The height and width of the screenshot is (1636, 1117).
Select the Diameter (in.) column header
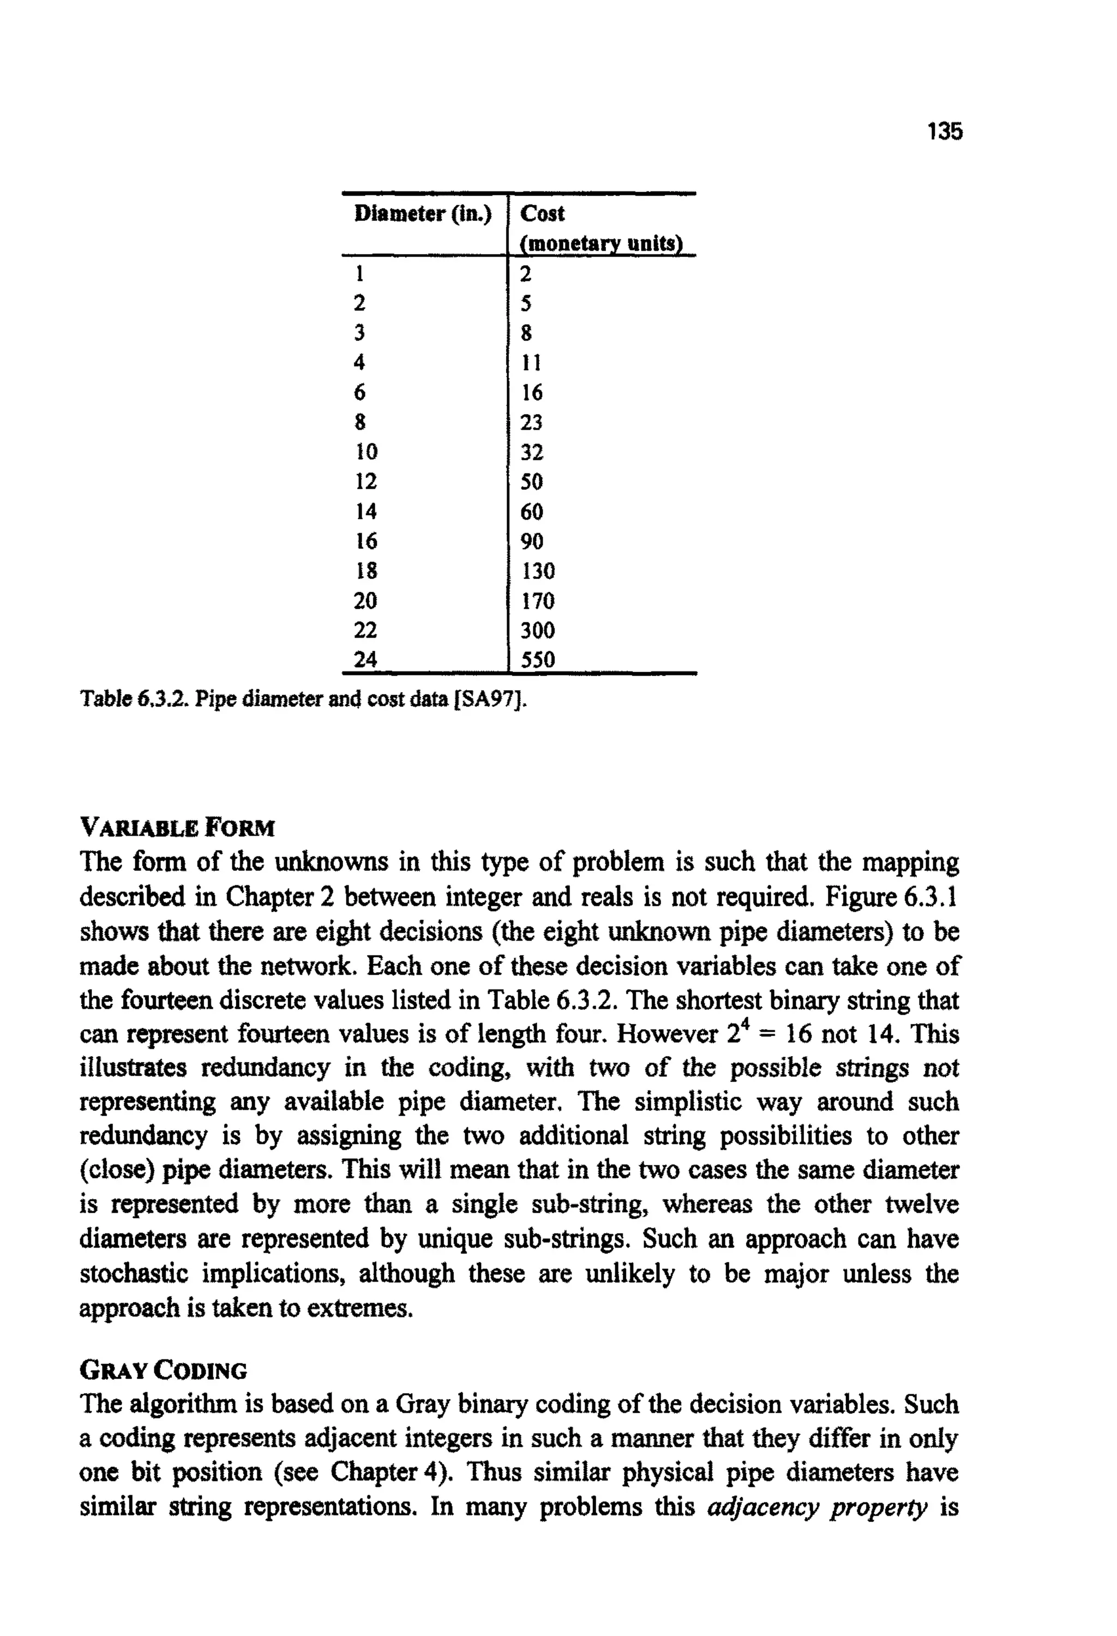click(x=422, y=213)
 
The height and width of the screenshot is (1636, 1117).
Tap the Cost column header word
click(x=542, y=213)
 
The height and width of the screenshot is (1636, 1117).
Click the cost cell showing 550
click(x=538, y=660)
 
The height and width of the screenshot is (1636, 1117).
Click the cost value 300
click(x=538, y=630)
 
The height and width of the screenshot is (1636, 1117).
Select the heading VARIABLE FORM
click(x=177, y=827)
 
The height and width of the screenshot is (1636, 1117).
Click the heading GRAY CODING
click(x=163, y=1371)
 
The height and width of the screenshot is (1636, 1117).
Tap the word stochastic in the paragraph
click(x=134, y=1273)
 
